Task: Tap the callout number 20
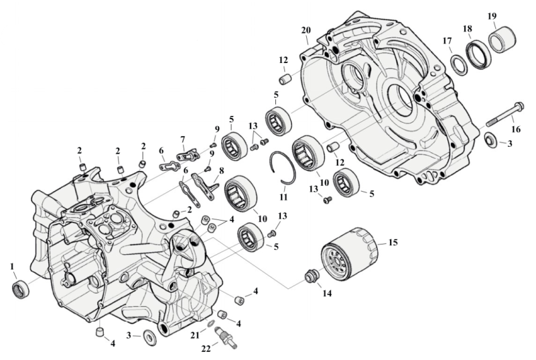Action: pyautogui.click(x=306, y=30)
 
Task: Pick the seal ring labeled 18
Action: pyautogui.click(x=478, y=54)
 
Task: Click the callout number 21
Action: pyautogui.click(x=195, y=334)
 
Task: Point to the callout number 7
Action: pyautogui.click(x=182, y=139)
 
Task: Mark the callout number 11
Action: pyautogui.click(x=283, y=197)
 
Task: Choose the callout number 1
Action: pyautogui.click(x=12, y=267)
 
